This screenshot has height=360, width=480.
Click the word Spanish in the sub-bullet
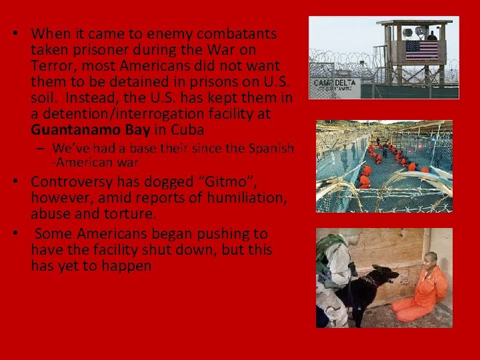(x=269, y=148)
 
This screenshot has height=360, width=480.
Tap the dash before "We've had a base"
(x=42, y=148)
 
